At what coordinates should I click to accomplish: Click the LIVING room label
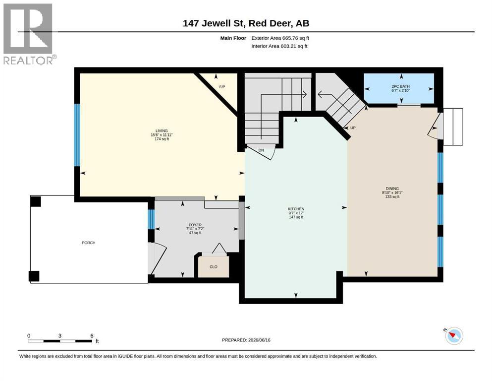pos(162,130)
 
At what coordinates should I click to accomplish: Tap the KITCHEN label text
pos(296,209)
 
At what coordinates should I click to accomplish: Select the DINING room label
pos(392,189)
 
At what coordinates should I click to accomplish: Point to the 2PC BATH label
pos(400,86)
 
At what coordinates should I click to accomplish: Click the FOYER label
pos(195,225)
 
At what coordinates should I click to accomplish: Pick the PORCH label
pos(89,243)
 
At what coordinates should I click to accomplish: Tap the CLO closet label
pos(214,267)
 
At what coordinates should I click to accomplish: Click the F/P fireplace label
pos(222,87)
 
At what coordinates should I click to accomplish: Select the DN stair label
pos(261,150)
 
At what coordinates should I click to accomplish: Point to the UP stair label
pos(353,128)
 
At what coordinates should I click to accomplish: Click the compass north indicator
pos(454,336)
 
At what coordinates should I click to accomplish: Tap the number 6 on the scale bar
pos(92,335)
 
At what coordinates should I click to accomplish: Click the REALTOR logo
pos(29,34)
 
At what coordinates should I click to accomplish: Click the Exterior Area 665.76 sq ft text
pos(280,38)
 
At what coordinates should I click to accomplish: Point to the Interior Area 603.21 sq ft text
pos(279,46)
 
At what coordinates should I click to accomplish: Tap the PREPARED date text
pos(246,340)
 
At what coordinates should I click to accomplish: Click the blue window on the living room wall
pos(77,135)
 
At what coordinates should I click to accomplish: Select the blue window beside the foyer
pos(151,219)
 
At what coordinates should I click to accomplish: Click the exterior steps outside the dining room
pos(453,127)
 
